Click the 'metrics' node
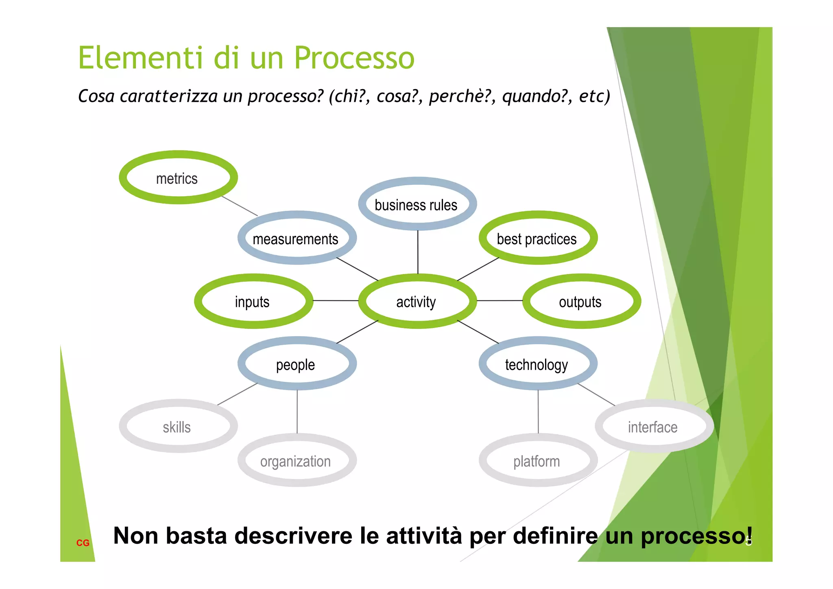pos(178,178)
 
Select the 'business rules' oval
pos(417,204)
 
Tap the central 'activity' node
pos(417,302)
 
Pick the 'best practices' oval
pos(537,239)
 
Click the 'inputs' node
pos(253,302)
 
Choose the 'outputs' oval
pos(581,302)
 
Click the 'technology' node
pos(537,364)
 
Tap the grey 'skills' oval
pos(178,427)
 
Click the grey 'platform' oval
pos(537,461)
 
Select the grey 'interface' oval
pos(653,427)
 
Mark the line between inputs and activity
pos(335,300)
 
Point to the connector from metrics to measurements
pos(240,206)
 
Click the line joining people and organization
pos(297,411)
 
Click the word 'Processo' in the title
pos(354,58)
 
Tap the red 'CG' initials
pos(83,543)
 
